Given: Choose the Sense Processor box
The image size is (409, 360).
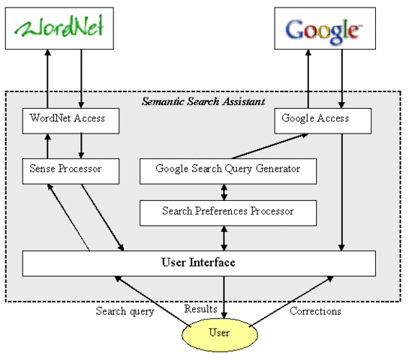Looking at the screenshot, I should [71, 170].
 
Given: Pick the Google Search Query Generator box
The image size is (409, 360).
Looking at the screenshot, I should [228, 169].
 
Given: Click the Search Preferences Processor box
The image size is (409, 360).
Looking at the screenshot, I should [228, 212].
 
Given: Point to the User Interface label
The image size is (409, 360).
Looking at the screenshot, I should [199, 263].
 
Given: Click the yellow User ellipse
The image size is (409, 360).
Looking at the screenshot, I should [221, 331].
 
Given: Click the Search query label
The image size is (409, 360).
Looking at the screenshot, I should [125, 310].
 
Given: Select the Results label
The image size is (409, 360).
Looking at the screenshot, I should [201, 309].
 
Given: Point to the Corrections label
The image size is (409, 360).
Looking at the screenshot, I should [314, 310].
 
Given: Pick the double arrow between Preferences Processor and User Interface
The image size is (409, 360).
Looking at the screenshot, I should [224, 238].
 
